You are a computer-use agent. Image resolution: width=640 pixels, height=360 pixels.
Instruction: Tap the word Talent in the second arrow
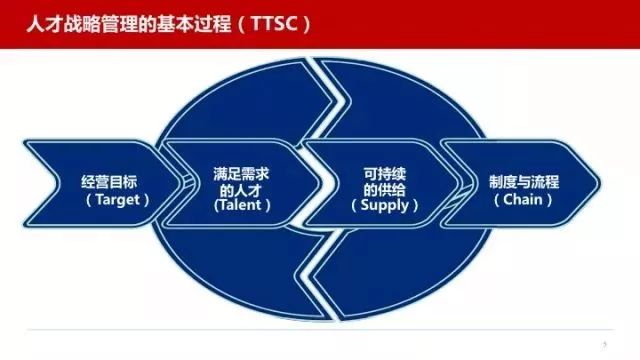click(242, 204)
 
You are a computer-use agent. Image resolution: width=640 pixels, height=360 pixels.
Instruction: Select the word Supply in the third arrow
click(378, 204)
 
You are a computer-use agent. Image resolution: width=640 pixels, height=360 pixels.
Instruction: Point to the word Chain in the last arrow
click(518, 199)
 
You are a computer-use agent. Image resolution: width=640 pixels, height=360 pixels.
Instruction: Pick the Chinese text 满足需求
click(242, 171)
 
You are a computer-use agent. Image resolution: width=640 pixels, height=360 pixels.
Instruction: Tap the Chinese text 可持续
click(378, 171)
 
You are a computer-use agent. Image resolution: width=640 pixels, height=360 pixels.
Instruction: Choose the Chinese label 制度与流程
click(517, 182)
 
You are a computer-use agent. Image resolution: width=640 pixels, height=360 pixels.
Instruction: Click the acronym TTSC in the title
click(268, 20)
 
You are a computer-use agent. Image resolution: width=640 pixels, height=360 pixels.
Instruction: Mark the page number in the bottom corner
click(605, 342)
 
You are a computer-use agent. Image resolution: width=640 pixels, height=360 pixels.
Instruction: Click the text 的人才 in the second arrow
click(242, 187)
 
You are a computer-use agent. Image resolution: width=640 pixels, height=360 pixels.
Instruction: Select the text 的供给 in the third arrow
click(378, 187)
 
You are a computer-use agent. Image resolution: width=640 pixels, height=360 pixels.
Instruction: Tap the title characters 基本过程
click(190, 20)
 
